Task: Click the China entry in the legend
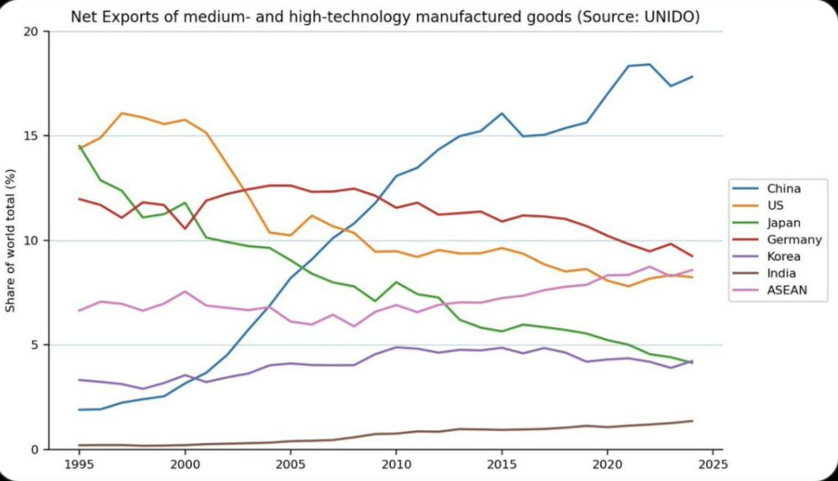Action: [x=783, y=189]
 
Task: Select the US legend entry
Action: [x=775, y=206]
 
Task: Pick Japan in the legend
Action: [x=784, y=223]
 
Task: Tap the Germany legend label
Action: [x=793, y=240]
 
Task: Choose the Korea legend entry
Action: [x=784, y=257]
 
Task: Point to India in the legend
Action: [x=782, y=274]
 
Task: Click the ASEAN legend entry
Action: [x=787, y=291]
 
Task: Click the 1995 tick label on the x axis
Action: [x=79, y=465]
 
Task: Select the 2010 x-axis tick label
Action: [x=395, y=465]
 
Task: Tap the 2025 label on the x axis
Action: [x=712, y=465]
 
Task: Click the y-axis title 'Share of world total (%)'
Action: [x=10, y=240]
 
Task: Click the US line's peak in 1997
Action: [x=122, y=113]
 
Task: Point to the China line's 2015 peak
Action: [x=501, y=113]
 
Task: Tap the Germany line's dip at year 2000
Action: [x=185, y=228]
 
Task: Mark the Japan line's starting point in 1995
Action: [x=79, y=146]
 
